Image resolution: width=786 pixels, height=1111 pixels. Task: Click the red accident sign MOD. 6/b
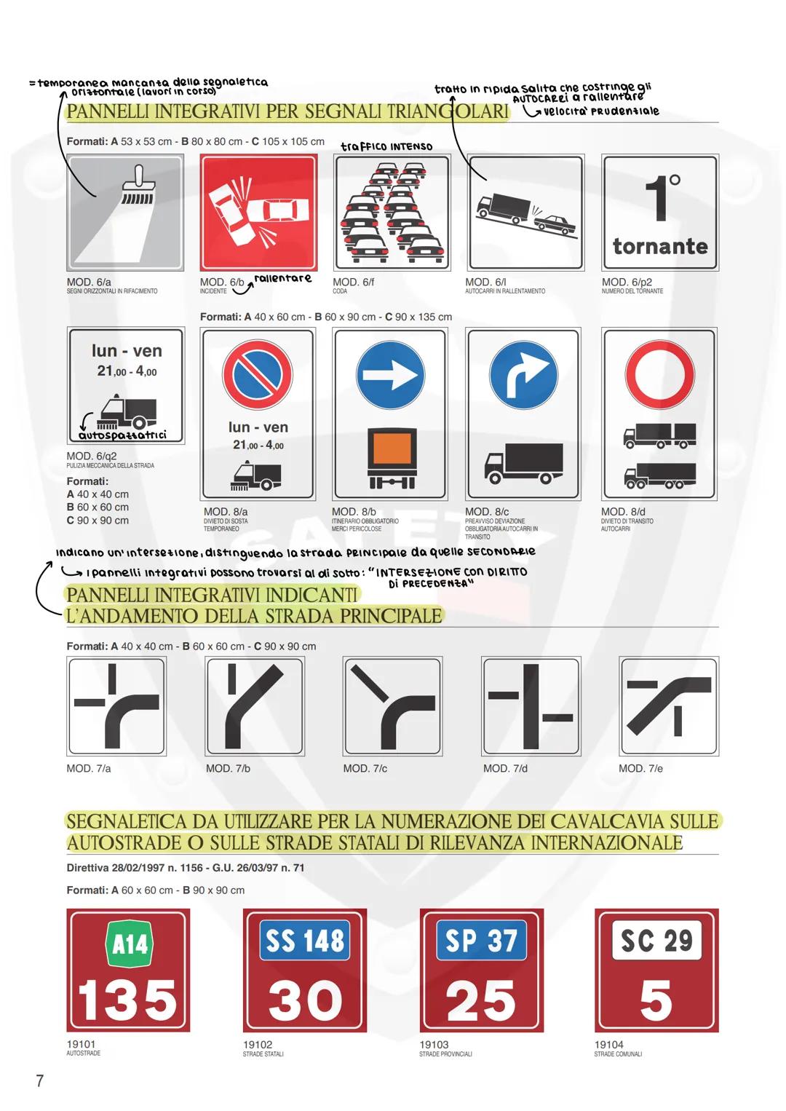[x=259, y=213]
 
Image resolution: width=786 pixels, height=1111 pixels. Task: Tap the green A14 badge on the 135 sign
[x=130, y=944]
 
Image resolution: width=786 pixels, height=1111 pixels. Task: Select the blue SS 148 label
[x=305, y=941]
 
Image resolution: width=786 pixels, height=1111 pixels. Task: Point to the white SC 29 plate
[x=656, y=941]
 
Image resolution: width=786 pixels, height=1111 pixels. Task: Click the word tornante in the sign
[x=660, y=246]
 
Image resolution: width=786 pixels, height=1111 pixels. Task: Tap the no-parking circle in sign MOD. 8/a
[x=258, y=376]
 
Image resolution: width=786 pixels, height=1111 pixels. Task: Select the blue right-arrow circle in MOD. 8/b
[x=391, y=376]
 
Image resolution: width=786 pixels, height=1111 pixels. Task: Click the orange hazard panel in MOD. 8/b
[x=392, y=448]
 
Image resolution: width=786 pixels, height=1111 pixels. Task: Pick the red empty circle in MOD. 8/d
[x=660, y=376]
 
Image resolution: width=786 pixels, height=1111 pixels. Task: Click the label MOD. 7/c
[x=365, y=768]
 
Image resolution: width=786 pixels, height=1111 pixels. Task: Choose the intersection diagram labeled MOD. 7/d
[x=531, y=706]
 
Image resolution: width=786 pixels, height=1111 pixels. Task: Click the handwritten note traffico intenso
[x=386, y=146]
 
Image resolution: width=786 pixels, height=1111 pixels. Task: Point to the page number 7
[x=40, y=1080]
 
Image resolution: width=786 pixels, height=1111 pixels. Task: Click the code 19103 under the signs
[x=434, y=1044]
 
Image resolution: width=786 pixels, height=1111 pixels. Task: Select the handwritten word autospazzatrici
[x=123, y=435]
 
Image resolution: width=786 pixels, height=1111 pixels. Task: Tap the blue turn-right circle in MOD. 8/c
[x=523, y=376]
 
